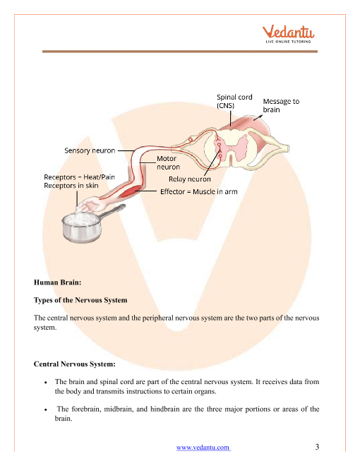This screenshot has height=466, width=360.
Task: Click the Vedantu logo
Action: point(288,34)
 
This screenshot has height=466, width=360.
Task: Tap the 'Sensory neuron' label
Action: point(90,150)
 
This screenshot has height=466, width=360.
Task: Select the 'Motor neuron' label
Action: point(168,163)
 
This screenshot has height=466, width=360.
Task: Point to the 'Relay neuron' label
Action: point(189,179)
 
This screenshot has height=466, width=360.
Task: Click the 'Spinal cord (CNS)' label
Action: point(234,102)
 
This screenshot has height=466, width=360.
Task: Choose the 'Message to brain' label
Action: point(281,105)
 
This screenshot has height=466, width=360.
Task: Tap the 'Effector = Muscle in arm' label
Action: point(199,191)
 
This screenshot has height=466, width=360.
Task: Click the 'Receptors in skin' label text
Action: point(71,186)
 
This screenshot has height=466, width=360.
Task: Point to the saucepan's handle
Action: point(112,213)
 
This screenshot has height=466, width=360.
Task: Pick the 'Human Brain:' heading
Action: point(57,282)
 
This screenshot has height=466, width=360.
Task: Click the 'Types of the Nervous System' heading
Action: point(80,300)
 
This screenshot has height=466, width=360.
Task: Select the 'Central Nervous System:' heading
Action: point(75,364)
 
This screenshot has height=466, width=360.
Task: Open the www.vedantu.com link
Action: point(203,447)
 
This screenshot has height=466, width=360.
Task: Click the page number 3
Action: point(317,447)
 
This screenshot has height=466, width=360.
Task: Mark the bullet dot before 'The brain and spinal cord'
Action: point(45,383)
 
